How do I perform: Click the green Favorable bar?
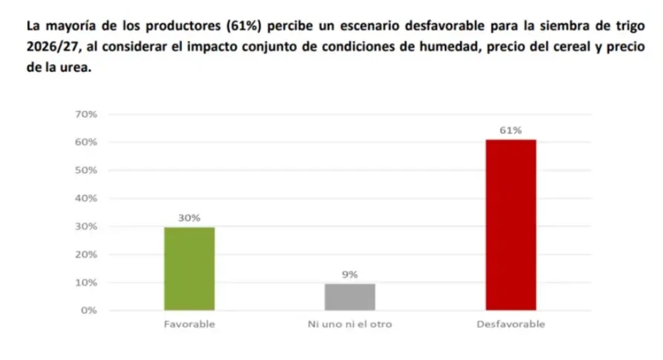pyautogui.click(x=189, y=268)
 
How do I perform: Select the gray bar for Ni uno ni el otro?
pyautogui.click(x=350, y=296)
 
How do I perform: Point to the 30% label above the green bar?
pyautogui.click(x=189, y=217)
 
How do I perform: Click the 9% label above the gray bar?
pyautogui.click(x=350, y=275)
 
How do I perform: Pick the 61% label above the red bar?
pyautogui.click(x=511, y=130)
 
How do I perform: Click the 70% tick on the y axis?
pyautogui.click(x=87, y=114)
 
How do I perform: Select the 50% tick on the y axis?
pyautogui.click(x=87, y=171)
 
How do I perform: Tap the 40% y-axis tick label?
pyautogui.click(x=87, y=198)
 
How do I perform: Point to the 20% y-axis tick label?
pyautogui.click(x=87, y=254)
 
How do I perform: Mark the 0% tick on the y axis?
pyautogui.click(x=89, y=311)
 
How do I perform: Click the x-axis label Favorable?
pyautogui.click(x=189, y=324)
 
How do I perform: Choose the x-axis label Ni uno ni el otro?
pyautogui.click(x=350, y=324)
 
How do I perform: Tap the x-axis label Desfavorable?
pyautogui.click(x=511, y=324)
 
